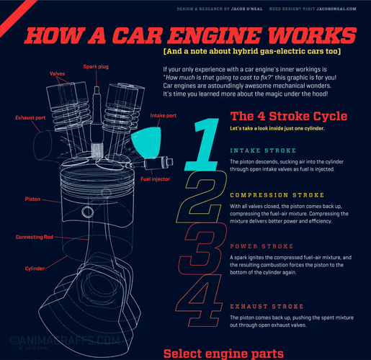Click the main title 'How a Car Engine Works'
[x=190, y=35]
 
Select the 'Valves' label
[x=57, y=73]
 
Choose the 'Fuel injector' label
[x=155, y=178]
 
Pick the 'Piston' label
[x=33, y=198]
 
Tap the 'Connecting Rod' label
[x=34, y=237]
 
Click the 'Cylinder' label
[x=35, y=268]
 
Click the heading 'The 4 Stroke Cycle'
[x=288, y=116]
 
